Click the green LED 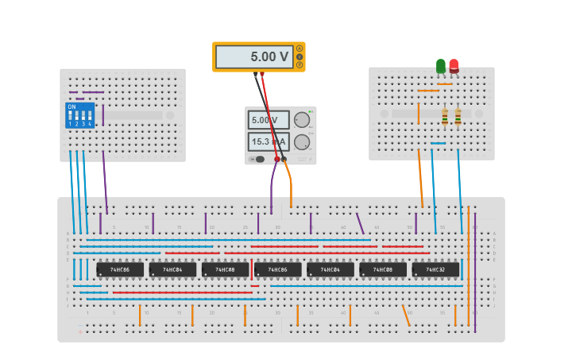click(x=441, y=66)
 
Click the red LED click(x=454, y=66)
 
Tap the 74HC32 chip click(x=435, y=269)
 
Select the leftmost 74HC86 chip click(x=120, y=269)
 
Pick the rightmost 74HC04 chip click(x=331, y=269)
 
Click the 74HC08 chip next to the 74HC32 click(x=383, y=269)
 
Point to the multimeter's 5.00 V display click(x=254, y=57)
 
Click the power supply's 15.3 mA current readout click(x=269, y=141)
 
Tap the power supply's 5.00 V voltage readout click(x=269, y=121)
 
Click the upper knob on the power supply click(x=302, y=120)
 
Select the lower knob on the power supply click(x=302, y=142)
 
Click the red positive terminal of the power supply click(x=277, y=159)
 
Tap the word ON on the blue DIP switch click(x=72, y=106)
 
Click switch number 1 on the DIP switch click(x=70, y=117)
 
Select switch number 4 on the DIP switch click(x=89, y=117)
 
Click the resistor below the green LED click(x=445, y=117)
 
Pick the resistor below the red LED click(x=458, y=117)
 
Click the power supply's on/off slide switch click(x=254, y=159)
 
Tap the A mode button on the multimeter click(x=300, y=48)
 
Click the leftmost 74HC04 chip click(x=172, y=269)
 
